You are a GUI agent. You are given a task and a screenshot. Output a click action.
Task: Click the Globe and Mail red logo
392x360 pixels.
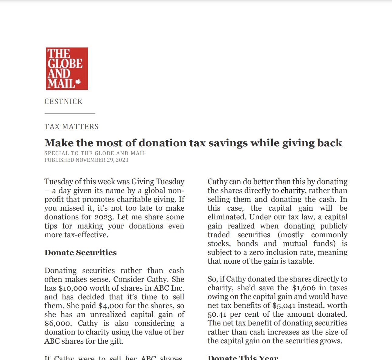tap(67, 68)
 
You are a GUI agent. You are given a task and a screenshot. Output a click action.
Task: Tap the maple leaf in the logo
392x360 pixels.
tap(78, 82)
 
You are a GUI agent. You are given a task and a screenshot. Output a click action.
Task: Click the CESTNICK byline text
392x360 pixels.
tap(63, 102)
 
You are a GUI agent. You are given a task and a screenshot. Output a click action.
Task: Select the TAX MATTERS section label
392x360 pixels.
tap(72, 127)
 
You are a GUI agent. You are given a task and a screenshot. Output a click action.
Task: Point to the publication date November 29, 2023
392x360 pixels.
tap(102, 160)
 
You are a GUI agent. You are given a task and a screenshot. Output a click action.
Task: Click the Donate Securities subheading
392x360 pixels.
tap(80, 252)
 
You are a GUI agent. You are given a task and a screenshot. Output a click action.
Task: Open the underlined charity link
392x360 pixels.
tap(293, 191)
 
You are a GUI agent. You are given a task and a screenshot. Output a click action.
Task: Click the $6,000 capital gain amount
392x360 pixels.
tap(58, 323)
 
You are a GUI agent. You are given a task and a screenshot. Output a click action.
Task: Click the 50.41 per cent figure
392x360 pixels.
tap(217, 314)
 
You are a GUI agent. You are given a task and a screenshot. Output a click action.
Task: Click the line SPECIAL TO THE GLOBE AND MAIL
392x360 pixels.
tap(95, 153)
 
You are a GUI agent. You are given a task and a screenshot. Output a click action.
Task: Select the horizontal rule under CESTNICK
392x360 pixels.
tap(70, 114)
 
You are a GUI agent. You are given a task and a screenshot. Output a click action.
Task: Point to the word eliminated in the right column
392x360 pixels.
tap(227, 217)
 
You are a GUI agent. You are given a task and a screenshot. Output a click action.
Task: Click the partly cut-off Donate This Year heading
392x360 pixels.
tap(243, 358)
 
